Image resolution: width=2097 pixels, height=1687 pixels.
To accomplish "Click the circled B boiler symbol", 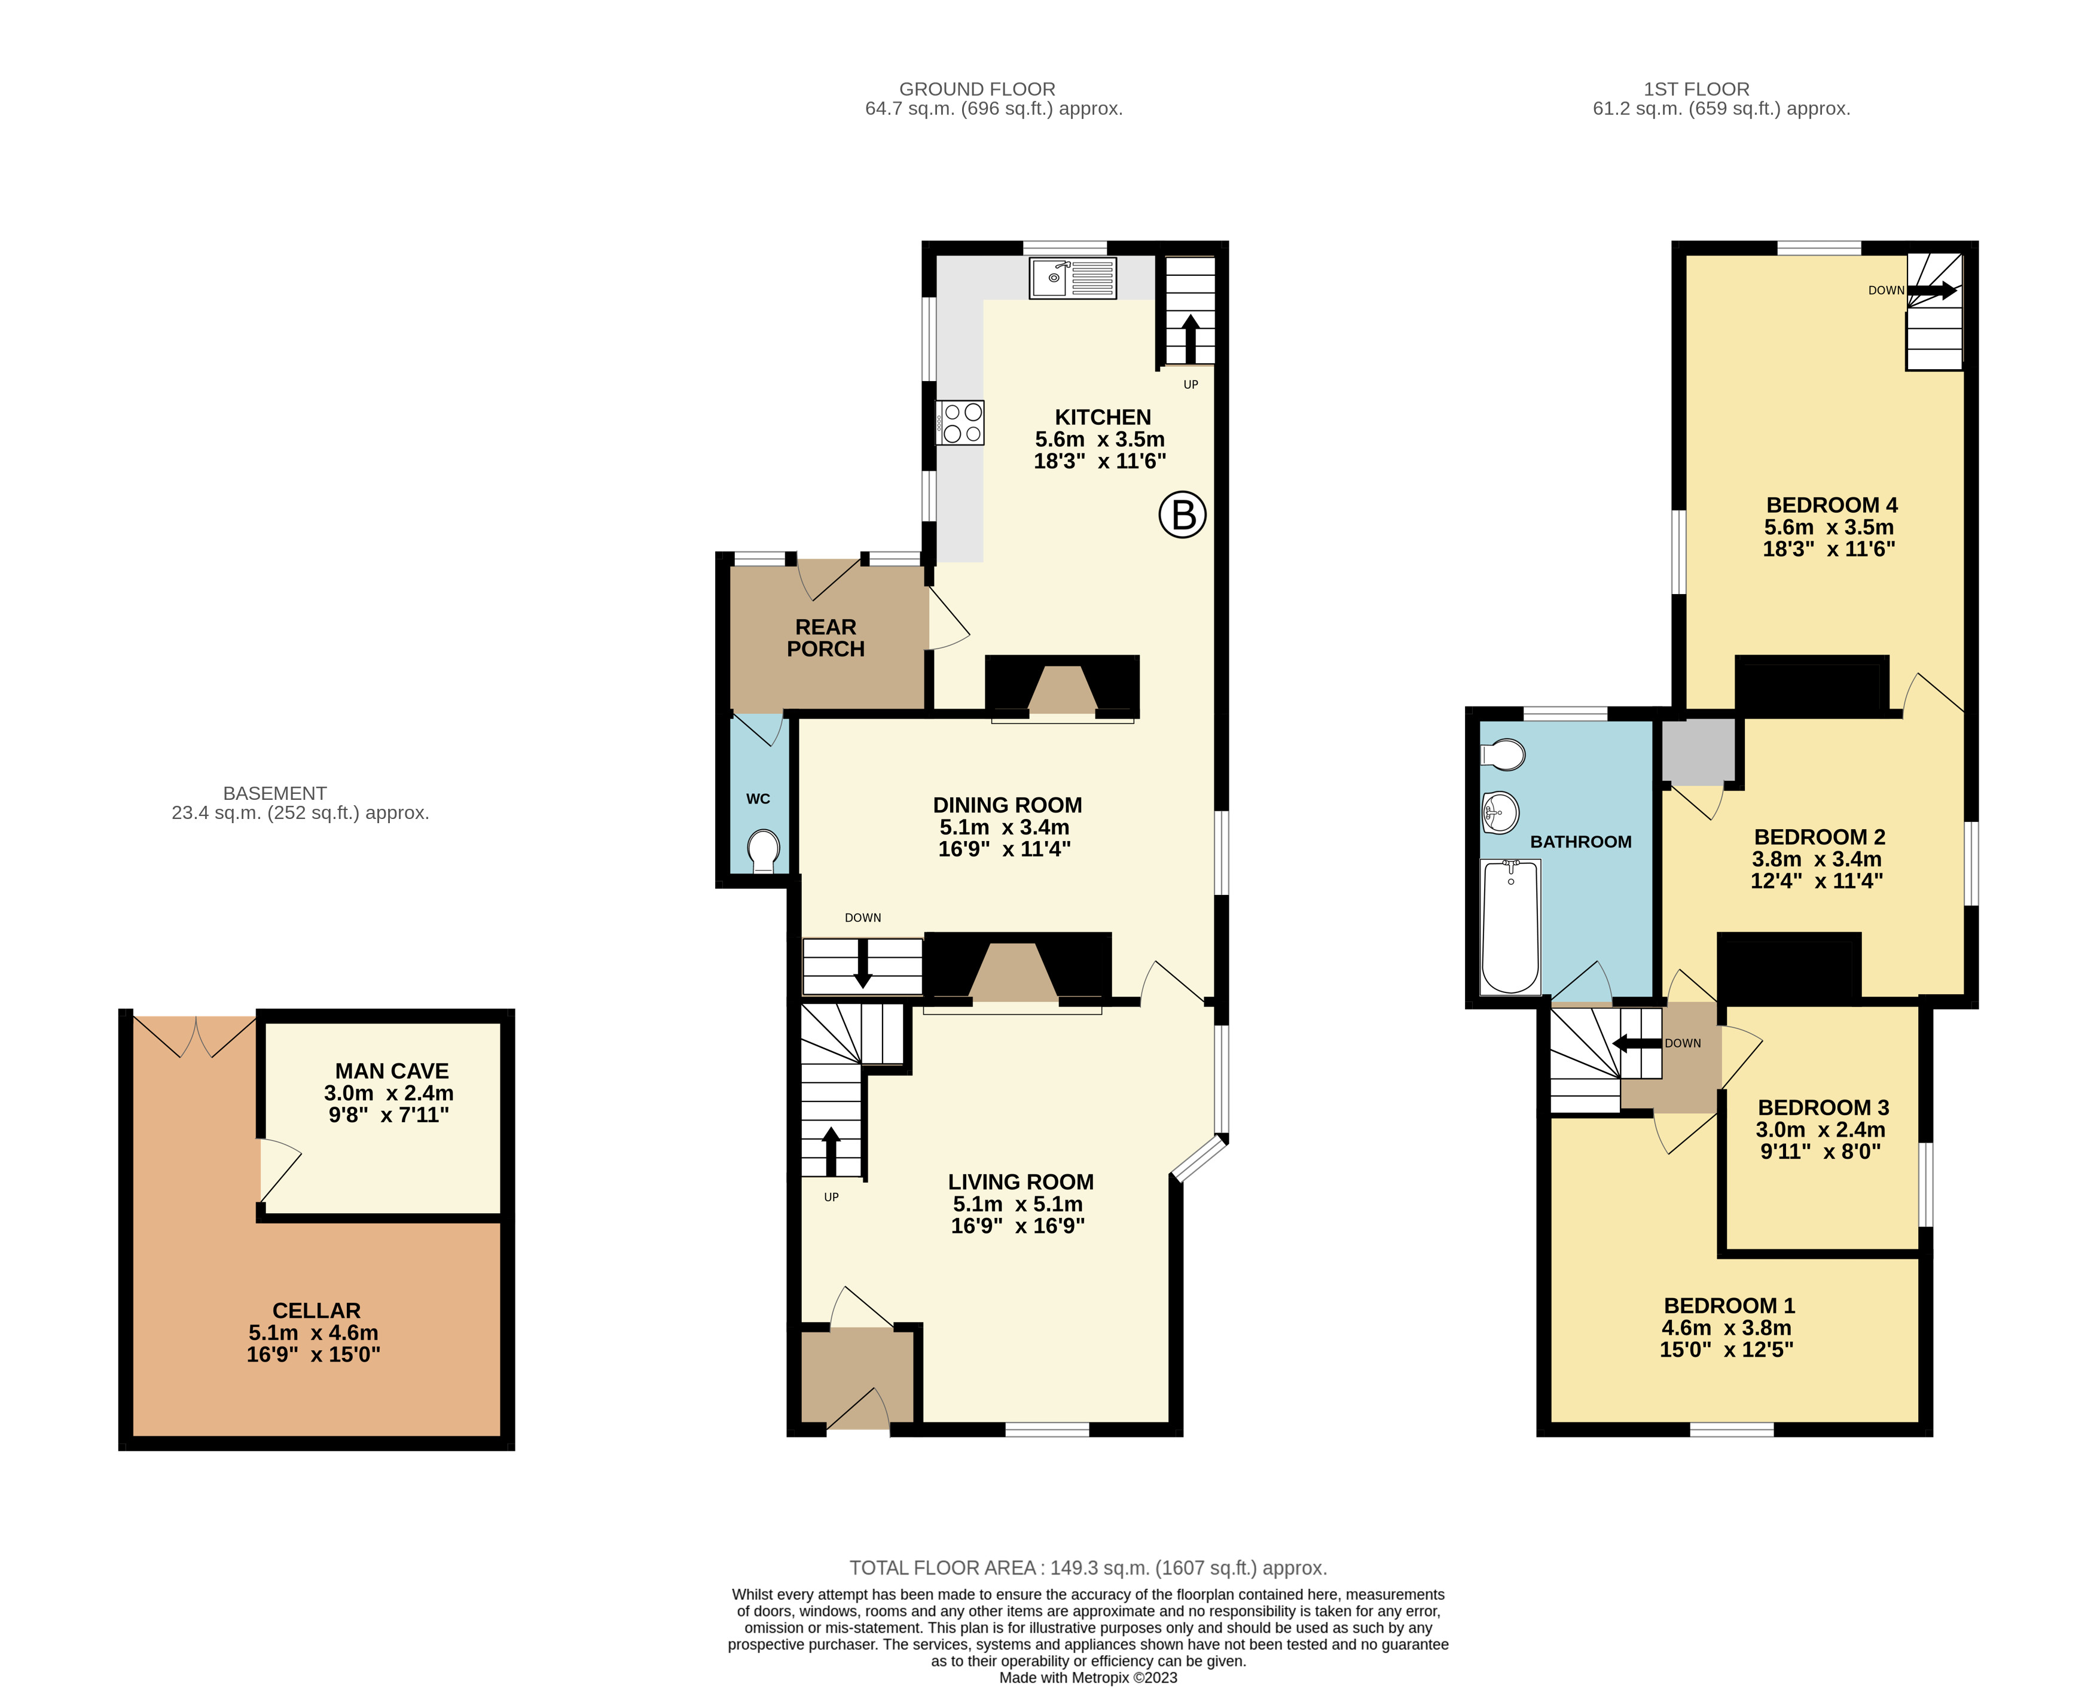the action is click(x=1183, y=514).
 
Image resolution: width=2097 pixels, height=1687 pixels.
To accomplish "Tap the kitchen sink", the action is click(x=1073, y=278).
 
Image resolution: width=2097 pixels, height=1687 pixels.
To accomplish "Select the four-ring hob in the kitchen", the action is click(x=960, y=423).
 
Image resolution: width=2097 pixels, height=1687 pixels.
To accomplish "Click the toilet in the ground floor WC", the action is click(x=765, y=850).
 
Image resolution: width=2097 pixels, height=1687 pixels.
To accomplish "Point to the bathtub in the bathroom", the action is click(x=1510, y=927).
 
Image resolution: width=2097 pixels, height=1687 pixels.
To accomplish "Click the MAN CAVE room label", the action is click(x=392, y=1071).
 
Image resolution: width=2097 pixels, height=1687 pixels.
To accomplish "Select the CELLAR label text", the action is click(x=316, y=1311).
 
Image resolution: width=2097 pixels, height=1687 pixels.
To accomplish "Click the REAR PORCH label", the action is click(x=826, y=638).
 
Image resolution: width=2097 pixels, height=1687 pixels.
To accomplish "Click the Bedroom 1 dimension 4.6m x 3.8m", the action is click(x=1726, y=1328).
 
